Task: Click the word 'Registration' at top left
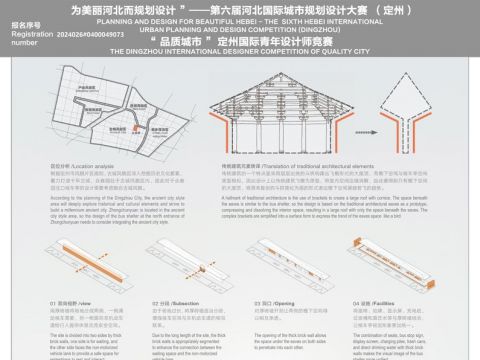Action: click(22, 34)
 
